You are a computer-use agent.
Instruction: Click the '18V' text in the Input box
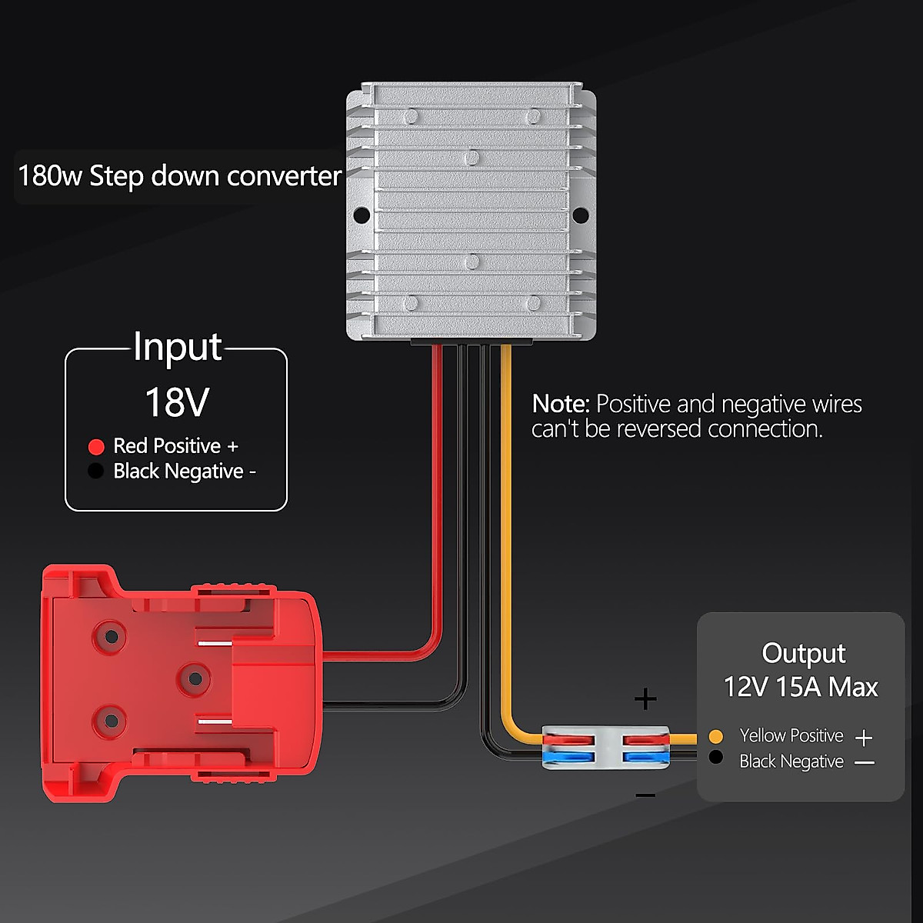pos(177,402)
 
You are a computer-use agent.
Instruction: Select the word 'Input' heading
pos(178,347)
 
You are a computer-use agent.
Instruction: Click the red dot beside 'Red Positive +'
pos(96,447)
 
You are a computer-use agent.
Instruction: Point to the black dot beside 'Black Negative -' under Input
pos(96,471)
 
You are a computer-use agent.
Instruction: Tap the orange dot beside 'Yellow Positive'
pos(716,736)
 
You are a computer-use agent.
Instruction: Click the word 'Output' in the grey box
pos(803,653)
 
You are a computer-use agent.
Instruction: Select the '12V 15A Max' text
pos(800,687)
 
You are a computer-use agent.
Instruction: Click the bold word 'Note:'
pos(561,404)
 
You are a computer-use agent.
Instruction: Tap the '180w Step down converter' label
pos(179,176)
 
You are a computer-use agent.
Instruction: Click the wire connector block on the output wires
pos(605,748)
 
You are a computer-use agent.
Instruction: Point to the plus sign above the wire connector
pos(645,699)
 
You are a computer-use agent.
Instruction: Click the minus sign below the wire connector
pos(646,795)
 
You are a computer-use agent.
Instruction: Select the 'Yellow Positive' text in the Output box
pos(791,736)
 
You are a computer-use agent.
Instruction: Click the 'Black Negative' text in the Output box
pos(791,761)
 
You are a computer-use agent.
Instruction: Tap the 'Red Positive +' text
pos(176,446)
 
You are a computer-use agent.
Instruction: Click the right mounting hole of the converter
pos(580,214)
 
